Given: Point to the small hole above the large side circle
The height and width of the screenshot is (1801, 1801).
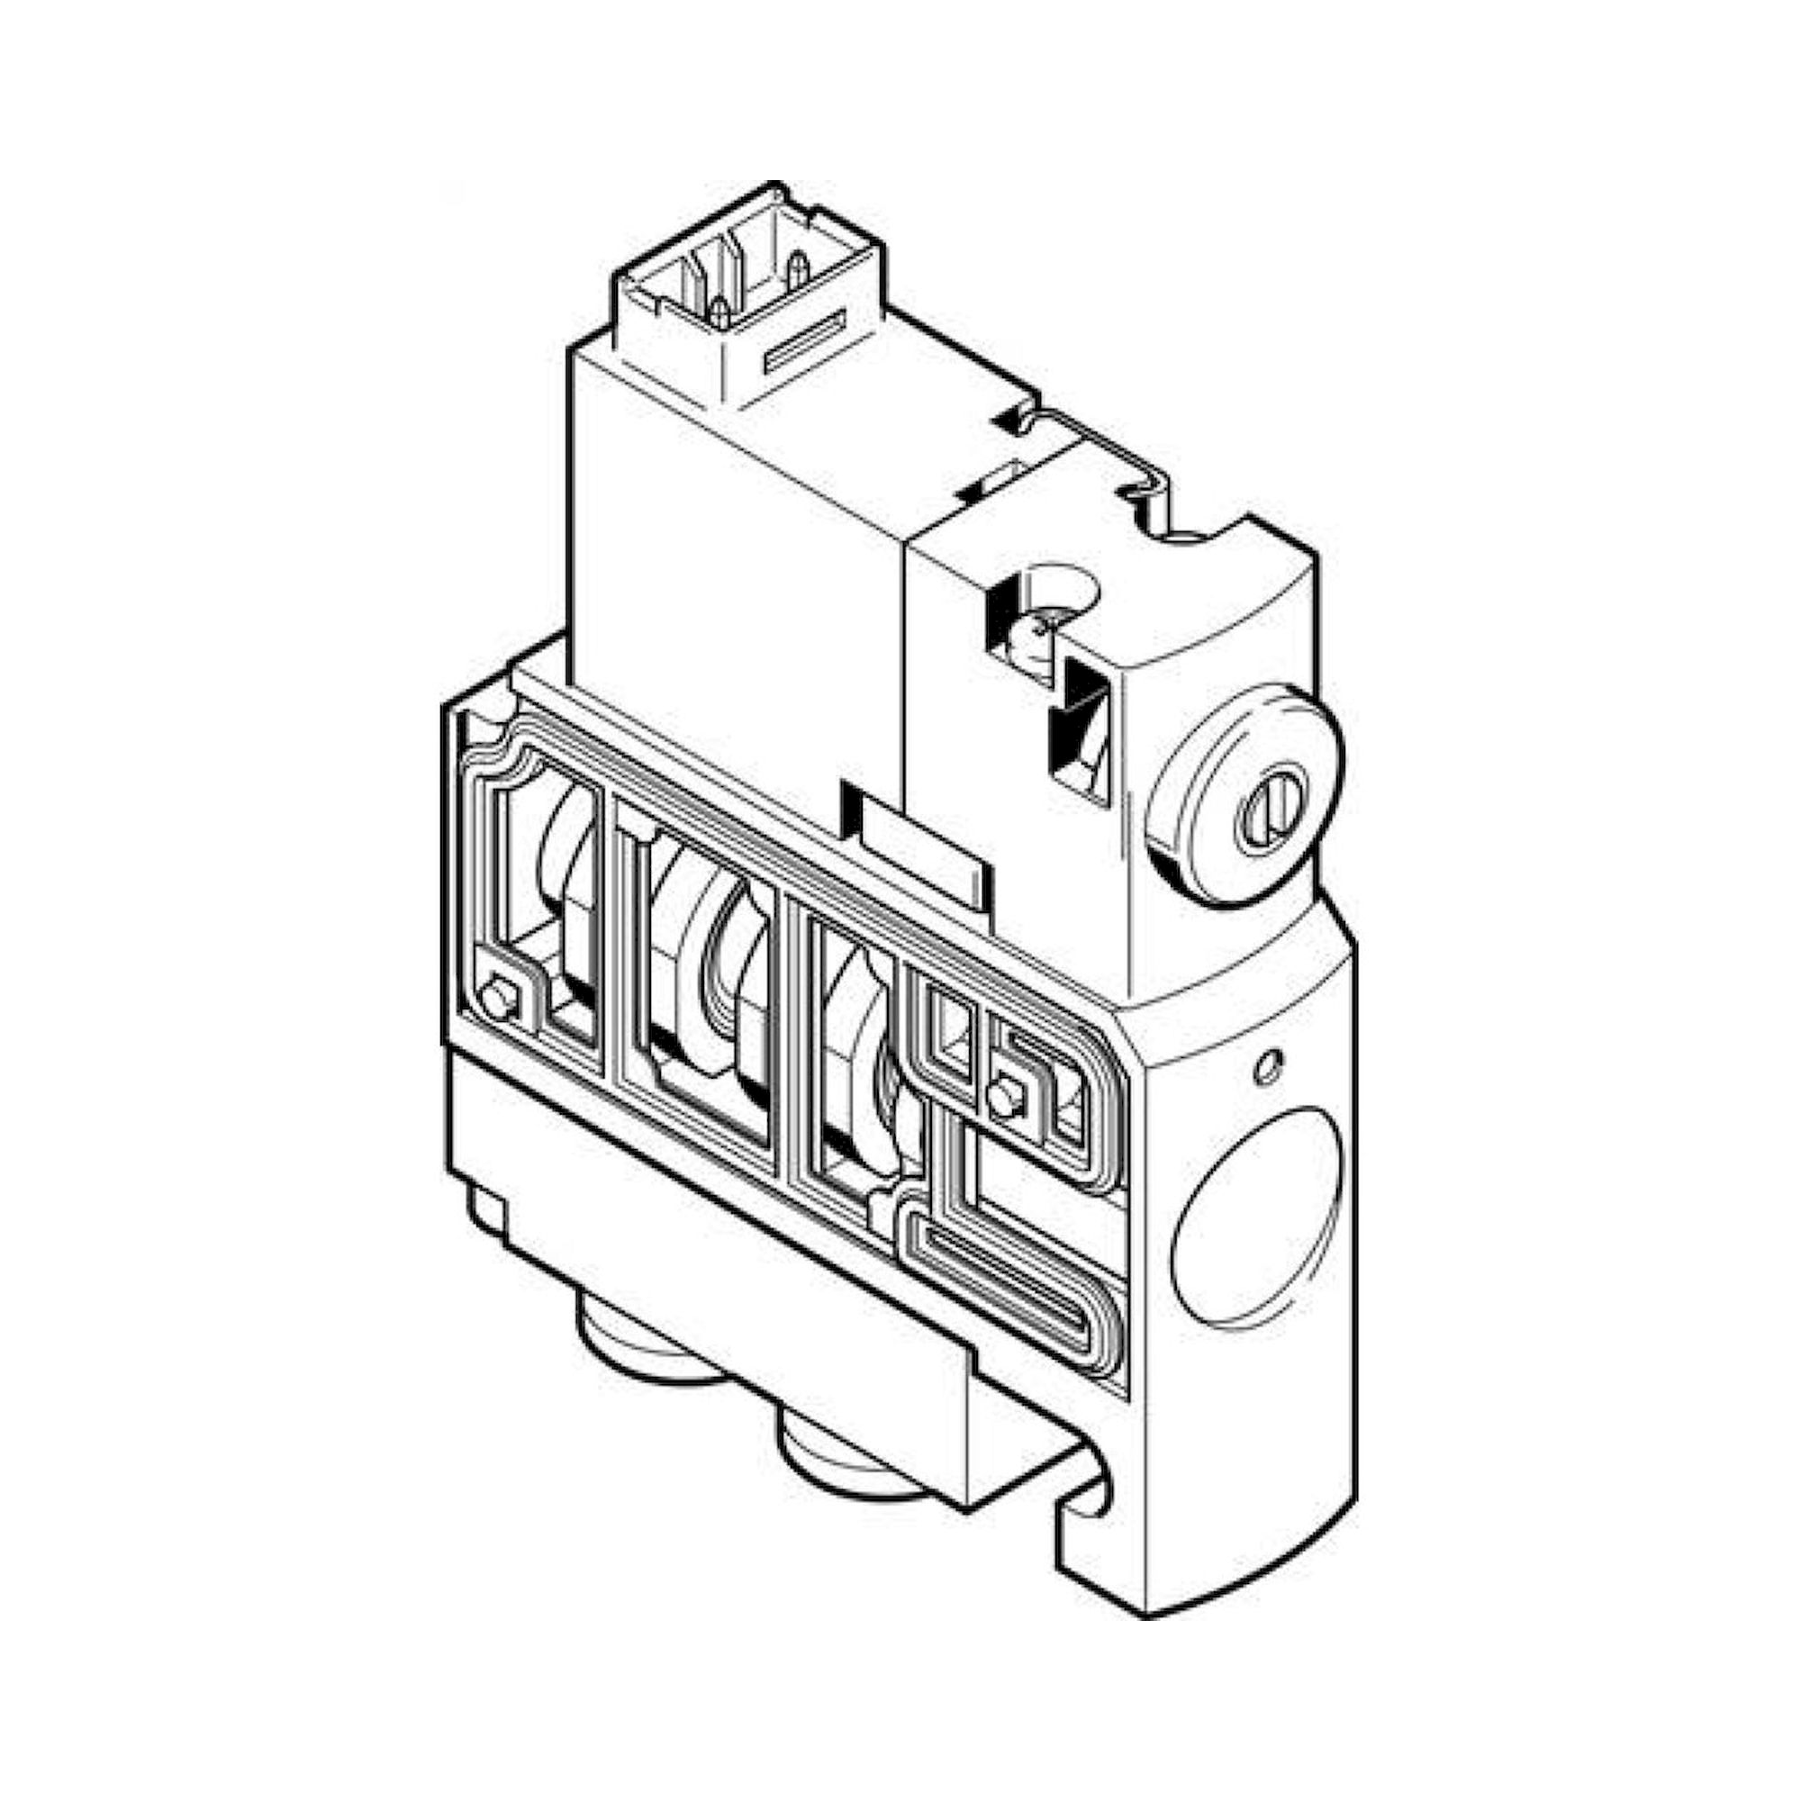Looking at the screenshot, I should point(1269,1064).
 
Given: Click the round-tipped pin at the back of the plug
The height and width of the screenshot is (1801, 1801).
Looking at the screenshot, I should point(797,269).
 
